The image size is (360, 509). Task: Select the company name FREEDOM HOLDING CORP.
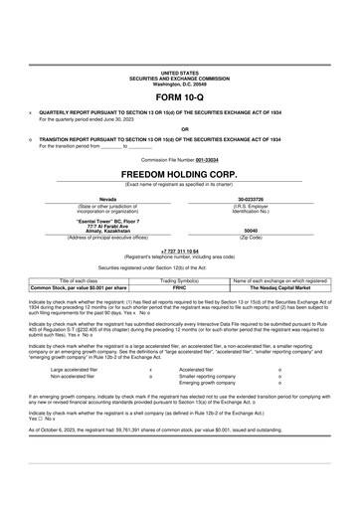179,173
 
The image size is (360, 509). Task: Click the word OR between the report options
179,128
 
